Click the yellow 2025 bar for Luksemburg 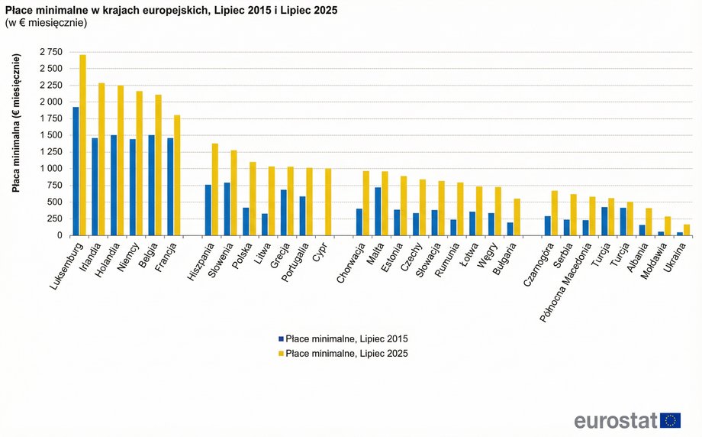click(x=83, y=145)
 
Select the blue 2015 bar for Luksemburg click(x=76, y=171)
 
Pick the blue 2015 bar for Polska click(x=246, y=222)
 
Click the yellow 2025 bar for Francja click(x=178, y=175)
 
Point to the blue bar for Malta click(x=378, y=211)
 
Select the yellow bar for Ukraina click(x=687, y=230)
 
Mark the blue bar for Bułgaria click(x=510, y=228)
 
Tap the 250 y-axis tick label click(x=55, y=219)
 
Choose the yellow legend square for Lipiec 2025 click(x=281, y=354)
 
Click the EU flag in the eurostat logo click(x=671, y=420)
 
